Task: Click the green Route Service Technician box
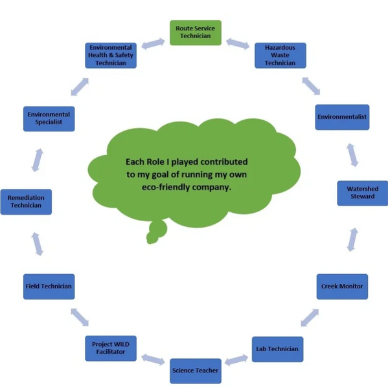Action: click(x=196, y=33)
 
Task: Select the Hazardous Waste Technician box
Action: click(x=280, y=56)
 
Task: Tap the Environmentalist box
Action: click(x=342, y=117)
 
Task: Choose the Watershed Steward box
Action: click(x=363, y=193)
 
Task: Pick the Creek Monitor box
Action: click(x=342, y=286)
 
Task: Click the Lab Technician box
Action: click(x=277, y=349)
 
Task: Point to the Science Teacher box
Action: click(x=196, y=371)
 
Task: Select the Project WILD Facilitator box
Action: click(x=111, y=348)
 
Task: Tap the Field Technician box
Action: click(x=49, y=286)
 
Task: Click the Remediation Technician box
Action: click(x=26, y=202)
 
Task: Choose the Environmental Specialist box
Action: click(x=49, y=119)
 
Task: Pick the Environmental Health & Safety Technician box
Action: click(x=111, y=56)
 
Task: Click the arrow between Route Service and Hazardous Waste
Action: click(x=238, y=43)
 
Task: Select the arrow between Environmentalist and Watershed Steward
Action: click(x=352, y=155)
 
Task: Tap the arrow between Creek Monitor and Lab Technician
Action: click(x=310, y=318)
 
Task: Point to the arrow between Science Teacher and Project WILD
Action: click(x=153, y=360)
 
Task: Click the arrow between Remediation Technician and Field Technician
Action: click(x=38, y=244)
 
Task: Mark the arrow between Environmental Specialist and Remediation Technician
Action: click(x=38, y=160)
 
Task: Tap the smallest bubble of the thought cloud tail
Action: click(x=152, y=237)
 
